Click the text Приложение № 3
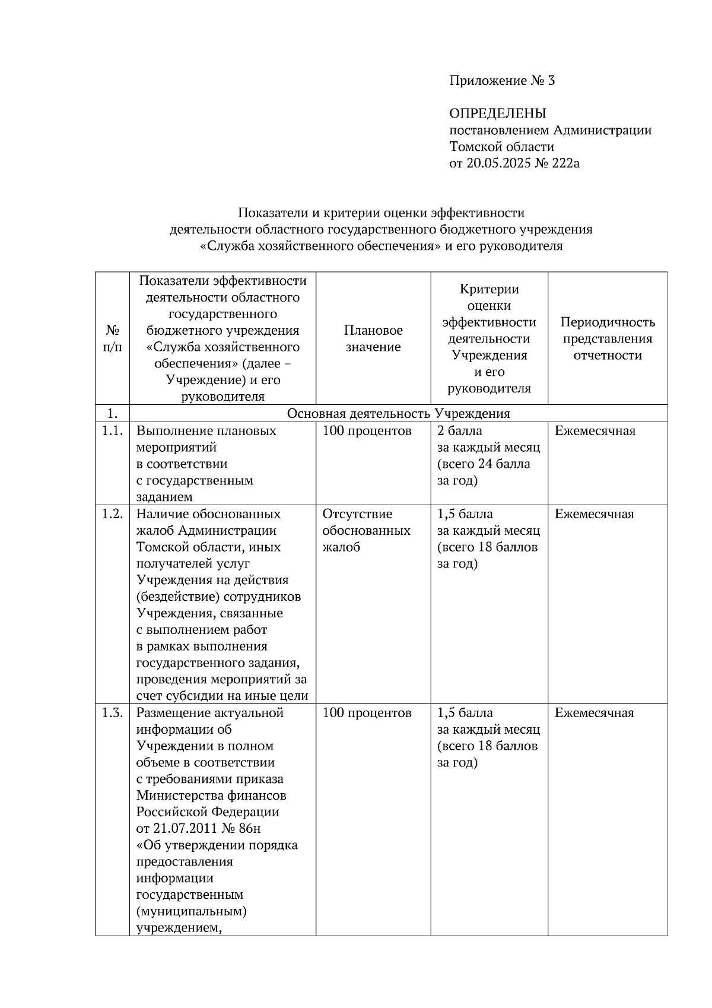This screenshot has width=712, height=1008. (502, 81)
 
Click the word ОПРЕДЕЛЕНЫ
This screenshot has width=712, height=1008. (497, 113)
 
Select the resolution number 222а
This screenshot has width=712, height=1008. (565, 163)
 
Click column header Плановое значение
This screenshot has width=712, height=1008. (373, 339)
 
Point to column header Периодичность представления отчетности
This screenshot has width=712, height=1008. (608, 339)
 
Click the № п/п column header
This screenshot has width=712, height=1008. (112, 339)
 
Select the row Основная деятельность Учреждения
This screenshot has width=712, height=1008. (398, 414)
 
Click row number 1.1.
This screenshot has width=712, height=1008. (112, 431)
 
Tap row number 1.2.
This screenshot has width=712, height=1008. (112, 514)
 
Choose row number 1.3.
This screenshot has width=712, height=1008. (112, 713)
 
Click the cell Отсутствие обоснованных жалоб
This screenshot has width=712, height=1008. (366, 531)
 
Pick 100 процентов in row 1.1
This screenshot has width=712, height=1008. (367, 431)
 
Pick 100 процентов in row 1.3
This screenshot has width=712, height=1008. (367, 713)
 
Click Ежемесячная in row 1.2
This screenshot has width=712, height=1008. (594, 514)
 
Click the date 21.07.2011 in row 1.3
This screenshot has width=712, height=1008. (189, 829)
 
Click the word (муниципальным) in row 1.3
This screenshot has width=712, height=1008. (191, 911)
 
